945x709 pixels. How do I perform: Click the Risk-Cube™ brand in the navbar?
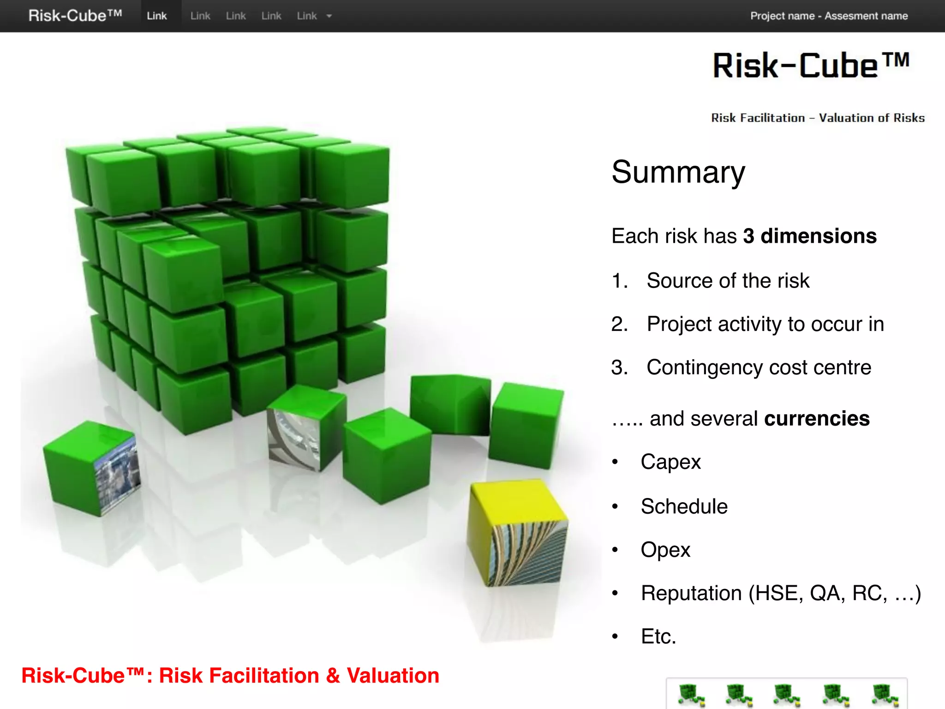(75, 16)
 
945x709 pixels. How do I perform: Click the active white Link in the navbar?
(157, 16)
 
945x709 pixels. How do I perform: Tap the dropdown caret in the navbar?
(329, 16)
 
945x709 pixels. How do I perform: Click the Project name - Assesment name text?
(829, 16)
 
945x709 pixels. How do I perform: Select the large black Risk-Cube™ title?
(811, 66)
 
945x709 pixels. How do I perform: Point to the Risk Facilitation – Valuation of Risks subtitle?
(818, 118)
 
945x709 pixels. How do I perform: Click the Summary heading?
(678, 172)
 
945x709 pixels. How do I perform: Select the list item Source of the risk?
(728, 281)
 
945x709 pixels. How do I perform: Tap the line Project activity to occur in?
(765, 324)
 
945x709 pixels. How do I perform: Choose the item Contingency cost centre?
(759, 367)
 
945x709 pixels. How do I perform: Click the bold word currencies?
(817, 419)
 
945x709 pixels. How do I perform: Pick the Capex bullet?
(670, 462)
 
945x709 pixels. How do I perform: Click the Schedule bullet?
(684, 506)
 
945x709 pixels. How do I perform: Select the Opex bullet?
(665, 550)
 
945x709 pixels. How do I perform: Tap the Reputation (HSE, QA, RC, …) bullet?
(781, 593)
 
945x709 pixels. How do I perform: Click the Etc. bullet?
(658, 637)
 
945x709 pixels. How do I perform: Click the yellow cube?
(517, 531)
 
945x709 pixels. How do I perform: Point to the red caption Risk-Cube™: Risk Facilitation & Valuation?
(230, 676)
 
